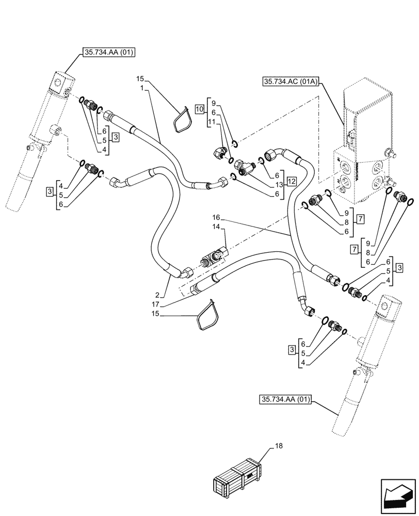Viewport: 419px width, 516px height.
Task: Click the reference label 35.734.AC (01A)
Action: click(x=292, y=82)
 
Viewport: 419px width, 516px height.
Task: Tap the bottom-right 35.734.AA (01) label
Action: click(x=285, y=399)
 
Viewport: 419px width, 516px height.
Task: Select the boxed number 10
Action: click(x=199, y=108)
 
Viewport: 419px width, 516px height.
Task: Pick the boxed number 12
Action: click(x=292, y=182)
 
